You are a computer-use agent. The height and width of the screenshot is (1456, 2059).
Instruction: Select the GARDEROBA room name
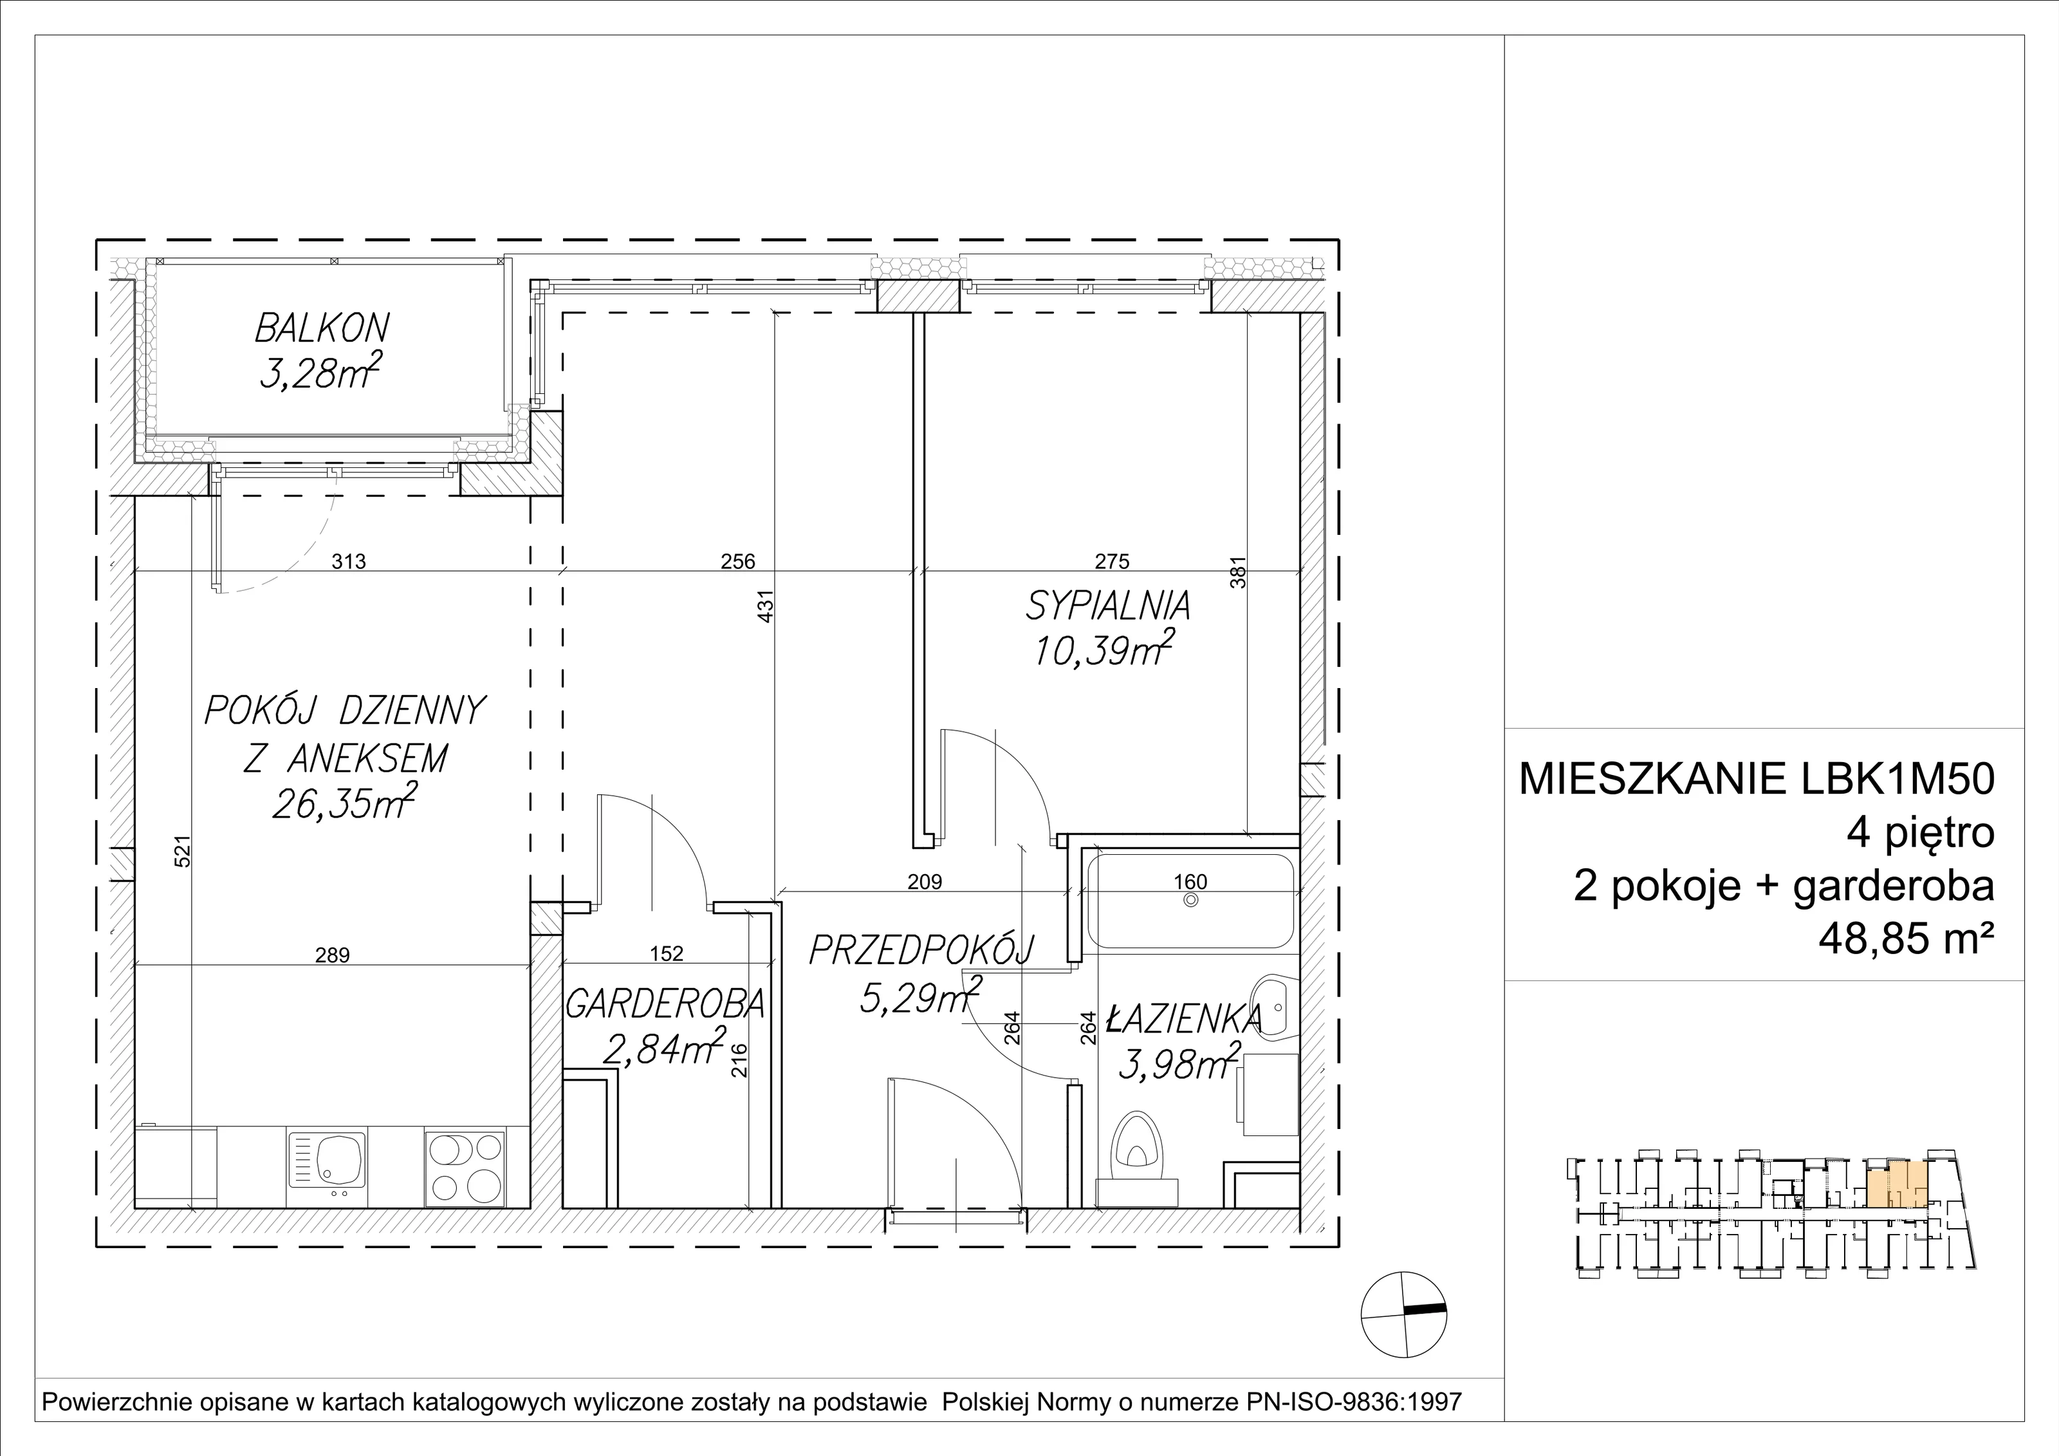(665, 1004)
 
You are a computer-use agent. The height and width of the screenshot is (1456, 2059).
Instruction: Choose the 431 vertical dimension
(766, 606)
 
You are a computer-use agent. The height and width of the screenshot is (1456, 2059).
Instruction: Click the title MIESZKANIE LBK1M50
(1757, 779)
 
